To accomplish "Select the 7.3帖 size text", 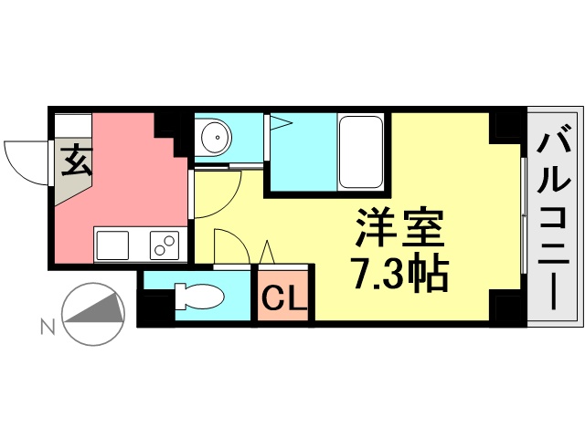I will (399, 272).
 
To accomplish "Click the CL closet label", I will (284, 297).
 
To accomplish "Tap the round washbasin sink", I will (217, 140).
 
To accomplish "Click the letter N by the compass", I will (46, 323).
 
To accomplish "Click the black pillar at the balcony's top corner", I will (505, 125).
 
